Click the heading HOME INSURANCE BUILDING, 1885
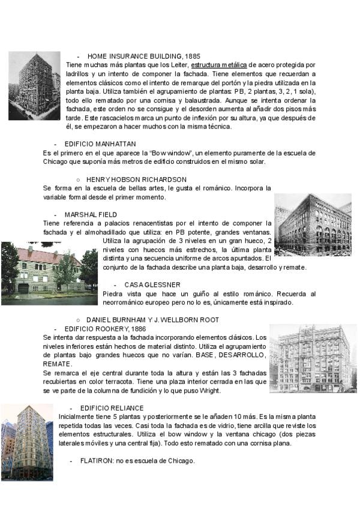click(143, 56)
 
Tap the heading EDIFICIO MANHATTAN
click(100, 144)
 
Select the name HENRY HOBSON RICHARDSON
click(136, 179)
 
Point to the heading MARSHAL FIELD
click(91, 214)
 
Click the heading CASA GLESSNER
click(152, 284)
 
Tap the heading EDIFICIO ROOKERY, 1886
click(105, 329)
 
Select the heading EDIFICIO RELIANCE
click(112, 408)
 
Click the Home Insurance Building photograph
click(34, 85)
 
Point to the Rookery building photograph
click(313, 358)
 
